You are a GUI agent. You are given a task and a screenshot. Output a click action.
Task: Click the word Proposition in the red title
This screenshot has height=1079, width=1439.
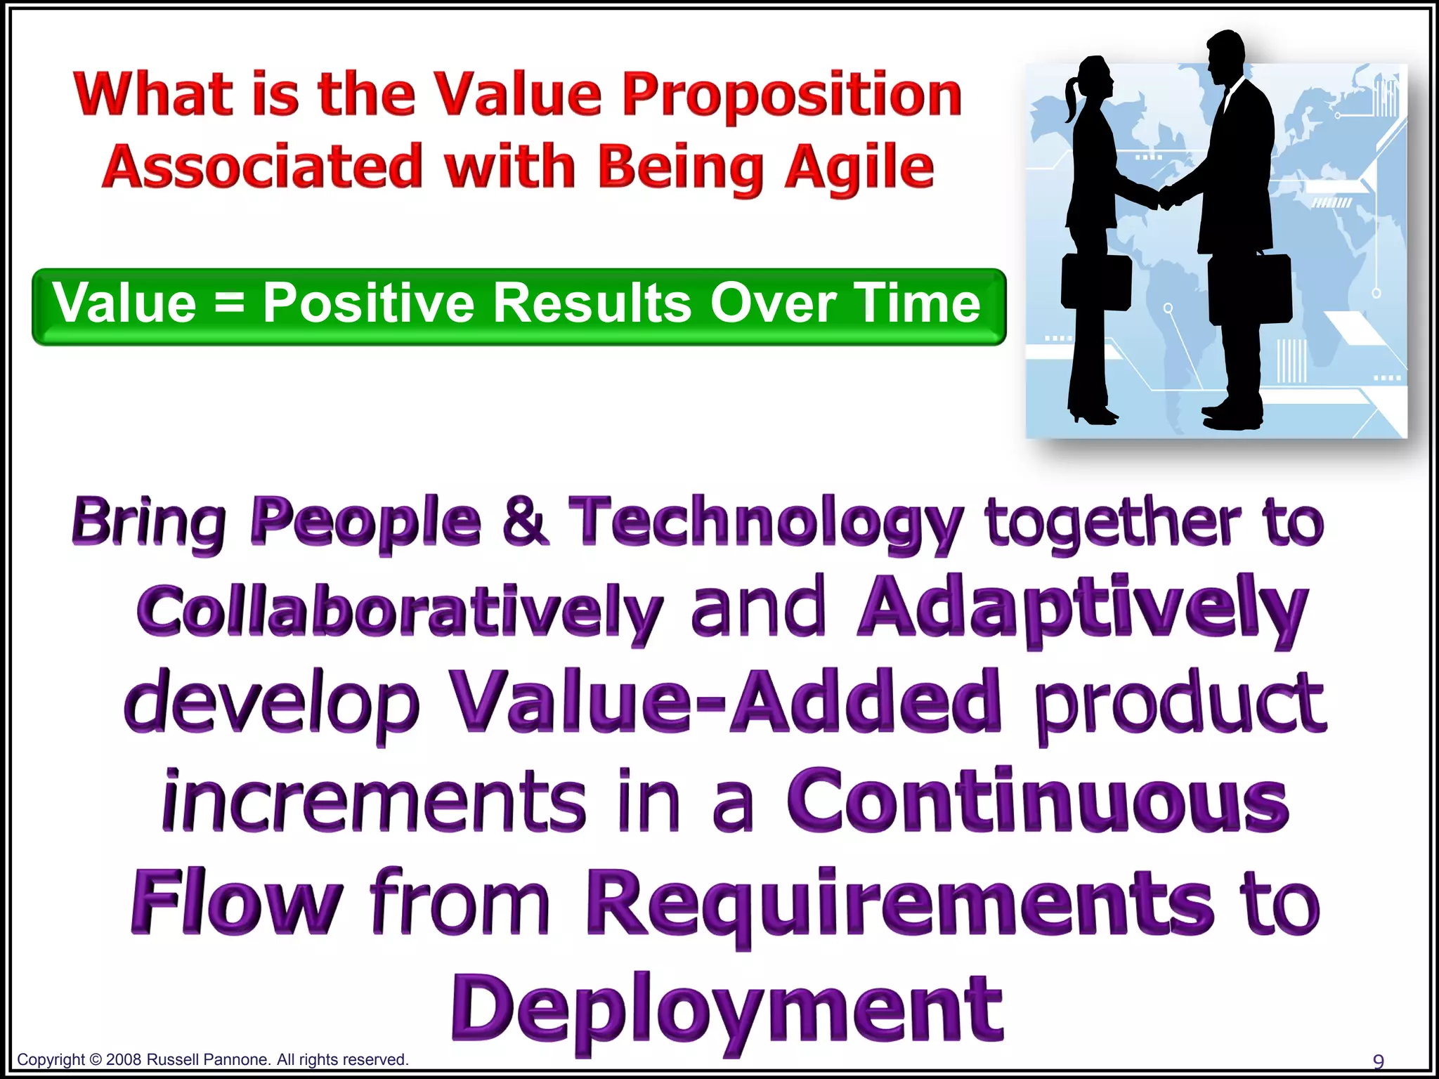point(792,96)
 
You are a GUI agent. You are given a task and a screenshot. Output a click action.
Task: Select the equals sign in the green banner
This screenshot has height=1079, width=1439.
point(229,303)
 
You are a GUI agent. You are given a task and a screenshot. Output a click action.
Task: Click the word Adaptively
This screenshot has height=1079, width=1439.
point(1082,608)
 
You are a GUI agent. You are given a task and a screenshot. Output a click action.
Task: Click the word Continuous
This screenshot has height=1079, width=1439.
point(1037,801)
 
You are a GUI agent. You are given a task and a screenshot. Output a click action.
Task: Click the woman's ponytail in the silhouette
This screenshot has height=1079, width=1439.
point(1071,102)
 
